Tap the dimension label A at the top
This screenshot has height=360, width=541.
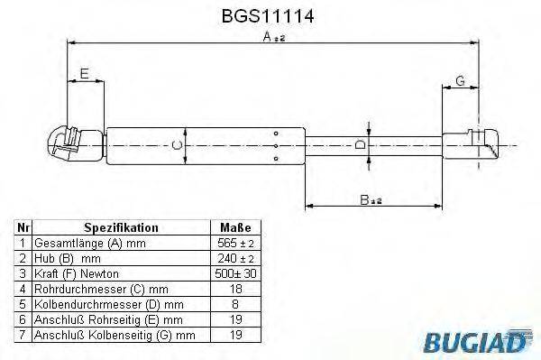pos(269,37)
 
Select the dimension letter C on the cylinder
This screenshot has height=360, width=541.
pos(178,144)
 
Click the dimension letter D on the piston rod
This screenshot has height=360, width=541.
pos(360,144)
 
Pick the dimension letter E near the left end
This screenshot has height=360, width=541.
pos(84,76)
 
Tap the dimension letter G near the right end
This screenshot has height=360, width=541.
pos(460,82)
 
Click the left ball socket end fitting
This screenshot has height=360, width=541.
pos(66,144)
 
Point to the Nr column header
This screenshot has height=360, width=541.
pos(24,228)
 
